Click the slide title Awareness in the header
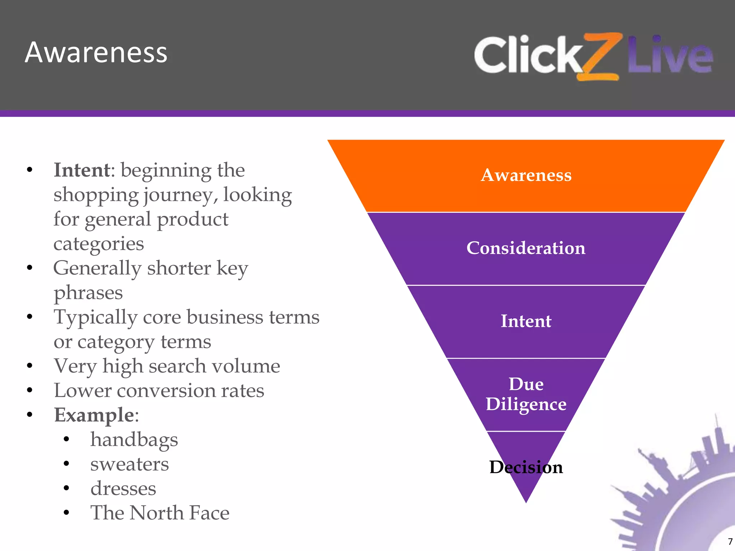coord(96,53)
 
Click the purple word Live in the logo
coord(670,55)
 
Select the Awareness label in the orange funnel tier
coord(526,175)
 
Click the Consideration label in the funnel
coord(526,248)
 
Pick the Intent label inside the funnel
coord(526,321)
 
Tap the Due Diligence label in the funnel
coord(526,394)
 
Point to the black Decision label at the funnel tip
coord(526,467)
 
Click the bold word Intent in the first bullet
coord(82,170)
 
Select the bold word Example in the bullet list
coord(94,415)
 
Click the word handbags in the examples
coord(134,440)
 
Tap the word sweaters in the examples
coord(129,464)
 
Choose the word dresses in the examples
coord(123,489)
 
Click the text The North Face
coord(160,513)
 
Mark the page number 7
coord(730,542)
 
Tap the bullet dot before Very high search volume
coord(30,366)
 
